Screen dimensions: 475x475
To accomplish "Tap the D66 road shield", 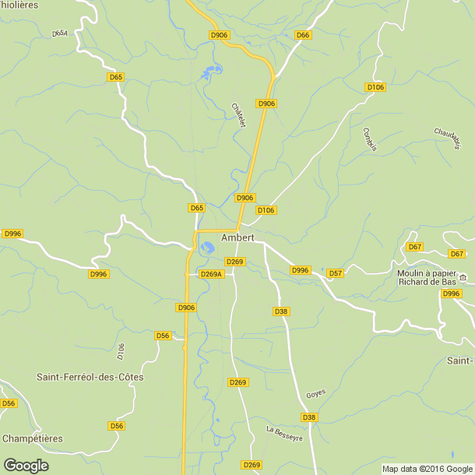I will [303, 35].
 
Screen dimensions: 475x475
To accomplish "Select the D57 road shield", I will [336, 273].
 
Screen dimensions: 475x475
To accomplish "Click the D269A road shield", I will [212, 274].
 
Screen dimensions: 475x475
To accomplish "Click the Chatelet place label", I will [238, 116].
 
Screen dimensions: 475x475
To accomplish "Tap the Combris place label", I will [370, 139].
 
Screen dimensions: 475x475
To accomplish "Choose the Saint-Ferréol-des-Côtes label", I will [90, 377].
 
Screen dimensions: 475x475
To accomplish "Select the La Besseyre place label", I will [284, 434].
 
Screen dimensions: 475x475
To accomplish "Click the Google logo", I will [26, 465].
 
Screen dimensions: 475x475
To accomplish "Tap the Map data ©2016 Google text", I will [427, 469].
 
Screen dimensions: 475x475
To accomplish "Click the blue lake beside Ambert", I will [207, 248].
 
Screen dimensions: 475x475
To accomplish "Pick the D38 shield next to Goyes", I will [309, 417].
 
